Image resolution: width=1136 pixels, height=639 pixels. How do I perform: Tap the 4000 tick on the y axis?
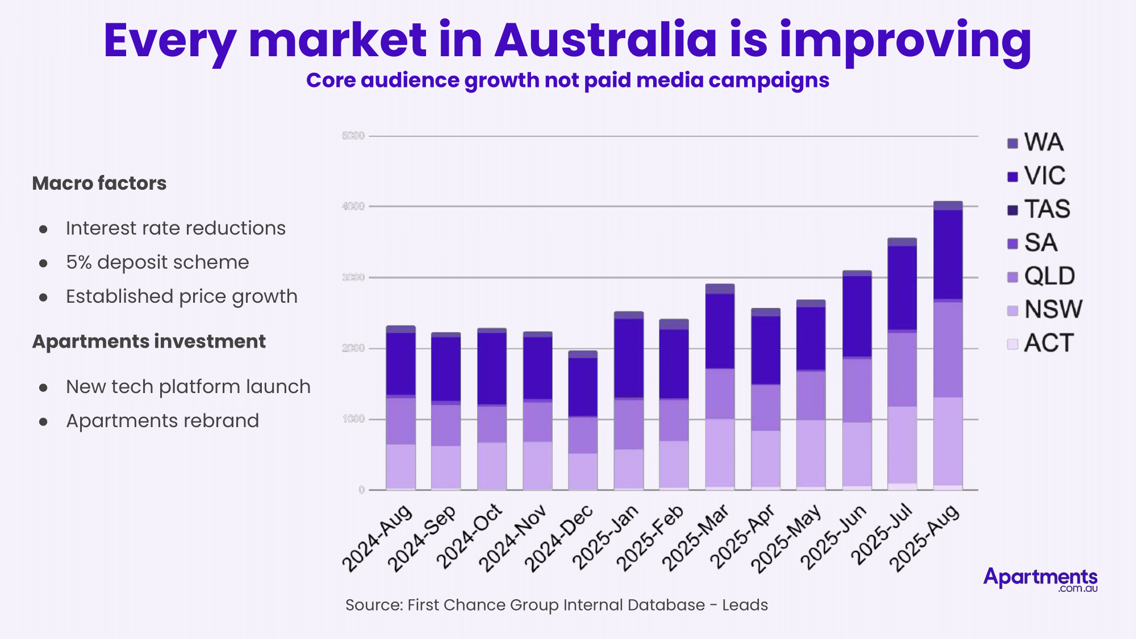353,206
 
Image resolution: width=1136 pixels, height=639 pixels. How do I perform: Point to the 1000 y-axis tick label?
353,419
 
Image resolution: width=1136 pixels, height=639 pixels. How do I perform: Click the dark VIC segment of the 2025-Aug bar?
948,254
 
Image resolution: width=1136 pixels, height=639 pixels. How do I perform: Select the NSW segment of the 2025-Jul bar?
902,444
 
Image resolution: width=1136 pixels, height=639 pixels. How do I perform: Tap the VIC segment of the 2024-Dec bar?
583,387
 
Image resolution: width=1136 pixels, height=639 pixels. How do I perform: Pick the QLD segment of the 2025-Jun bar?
857,390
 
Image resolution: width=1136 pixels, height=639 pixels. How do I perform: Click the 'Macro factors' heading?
99,183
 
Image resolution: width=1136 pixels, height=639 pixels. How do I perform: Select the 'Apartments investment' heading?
149,341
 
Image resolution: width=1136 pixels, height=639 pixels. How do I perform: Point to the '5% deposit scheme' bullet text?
157,262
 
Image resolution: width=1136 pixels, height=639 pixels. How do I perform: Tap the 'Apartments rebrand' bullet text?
162,421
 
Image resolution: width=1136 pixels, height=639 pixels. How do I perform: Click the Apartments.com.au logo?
1040,579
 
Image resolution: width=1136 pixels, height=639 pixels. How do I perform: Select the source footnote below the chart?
556,605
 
